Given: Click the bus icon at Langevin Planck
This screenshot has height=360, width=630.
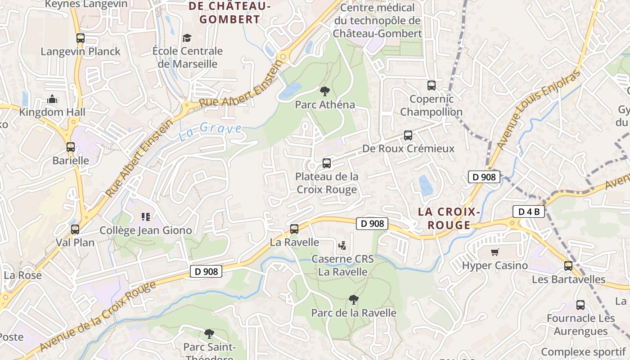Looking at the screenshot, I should pos(81,38).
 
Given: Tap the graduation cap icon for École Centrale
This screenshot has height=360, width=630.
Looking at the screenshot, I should pos(187,38).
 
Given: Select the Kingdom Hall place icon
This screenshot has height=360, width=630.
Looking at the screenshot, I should pos(52,99).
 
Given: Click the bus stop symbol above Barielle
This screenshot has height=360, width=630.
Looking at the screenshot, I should pos(71,147).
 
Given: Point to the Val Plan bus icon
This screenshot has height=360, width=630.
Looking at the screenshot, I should pos(75,229).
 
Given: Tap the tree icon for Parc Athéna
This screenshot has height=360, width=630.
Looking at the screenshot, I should pos(324,91).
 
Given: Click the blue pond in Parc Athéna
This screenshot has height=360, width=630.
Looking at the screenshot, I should pos(290,90).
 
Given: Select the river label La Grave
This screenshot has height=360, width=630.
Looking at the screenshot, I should pos(210,131).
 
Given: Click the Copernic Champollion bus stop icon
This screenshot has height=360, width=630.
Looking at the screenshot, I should pos(432,85).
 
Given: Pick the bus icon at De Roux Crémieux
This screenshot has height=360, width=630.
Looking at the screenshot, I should pos(408,135).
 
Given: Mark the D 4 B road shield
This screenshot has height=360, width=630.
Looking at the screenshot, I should pos(529,211).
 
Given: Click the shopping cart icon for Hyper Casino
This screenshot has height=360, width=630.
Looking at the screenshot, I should pos(495,252).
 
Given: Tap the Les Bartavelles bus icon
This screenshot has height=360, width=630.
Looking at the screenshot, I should pos(568,265).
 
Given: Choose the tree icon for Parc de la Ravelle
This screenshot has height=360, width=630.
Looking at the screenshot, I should pos(354,299).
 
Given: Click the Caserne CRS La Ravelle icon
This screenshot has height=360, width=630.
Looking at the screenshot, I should pos(342,246).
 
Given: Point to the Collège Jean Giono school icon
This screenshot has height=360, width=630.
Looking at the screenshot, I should pos(145,217).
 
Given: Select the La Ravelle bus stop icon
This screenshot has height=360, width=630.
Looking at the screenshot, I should pos(294,229).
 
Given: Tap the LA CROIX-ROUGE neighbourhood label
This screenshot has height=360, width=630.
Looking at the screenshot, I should pos(449,218).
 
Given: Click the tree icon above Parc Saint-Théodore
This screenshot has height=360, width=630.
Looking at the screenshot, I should pos(209,333).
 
